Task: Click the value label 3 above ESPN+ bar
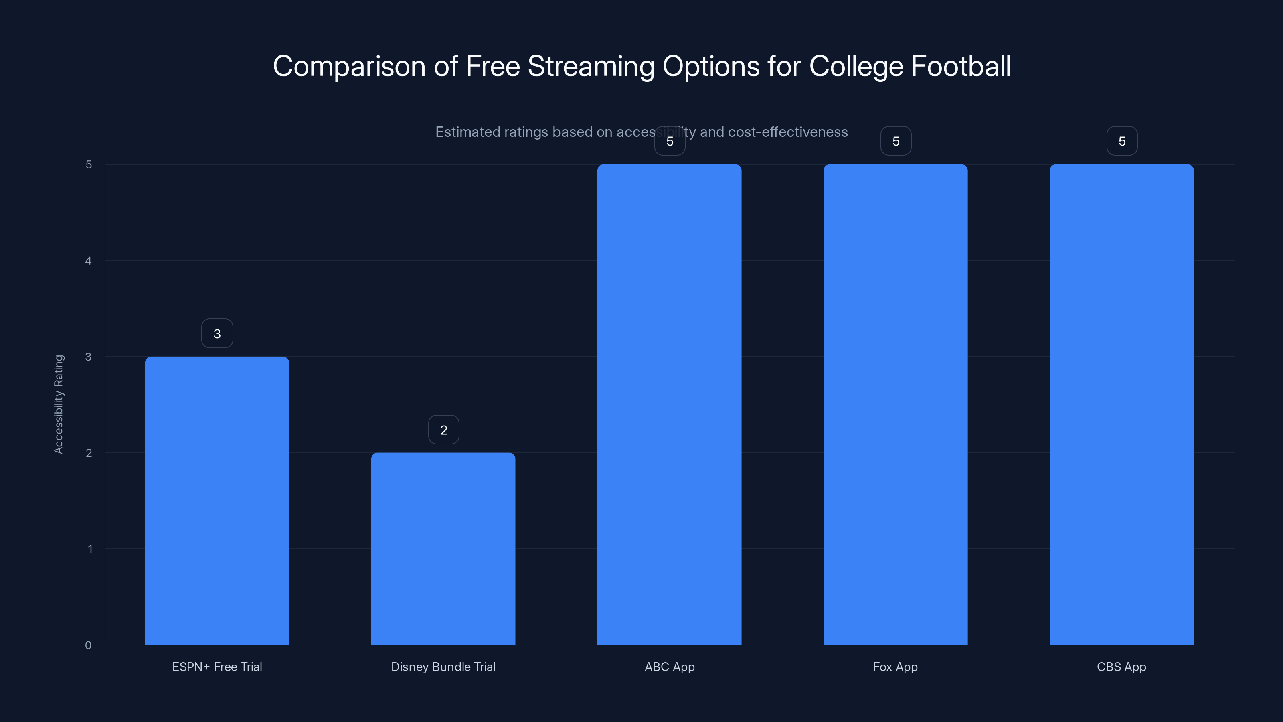(217, 333)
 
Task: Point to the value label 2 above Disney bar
(443, 430)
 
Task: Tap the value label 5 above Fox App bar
(896, 141)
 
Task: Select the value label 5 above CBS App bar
(1122, 141)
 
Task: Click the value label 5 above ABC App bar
(670, 141)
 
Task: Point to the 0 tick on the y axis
(88, 645)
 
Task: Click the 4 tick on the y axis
(88, 261)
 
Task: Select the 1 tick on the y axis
(90, 549)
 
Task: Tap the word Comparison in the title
(349, 66)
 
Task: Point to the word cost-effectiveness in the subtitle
(787, 132)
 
